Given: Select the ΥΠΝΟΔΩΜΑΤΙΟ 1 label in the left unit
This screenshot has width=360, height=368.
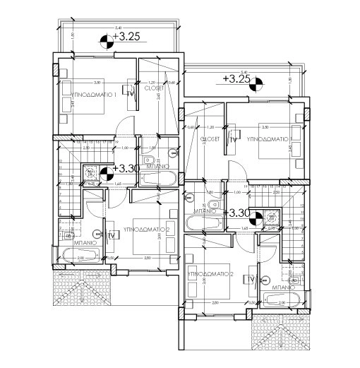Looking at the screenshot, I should pyautogui.click(x=90, y=93).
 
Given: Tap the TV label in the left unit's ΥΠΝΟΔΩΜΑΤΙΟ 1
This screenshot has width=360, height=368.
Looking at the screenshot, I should pyautogui.click(x=130, y=91).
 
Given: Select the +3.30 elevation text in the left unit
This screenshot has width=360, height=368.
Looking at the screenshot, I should pyautogui.click(x=126, y=169).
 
